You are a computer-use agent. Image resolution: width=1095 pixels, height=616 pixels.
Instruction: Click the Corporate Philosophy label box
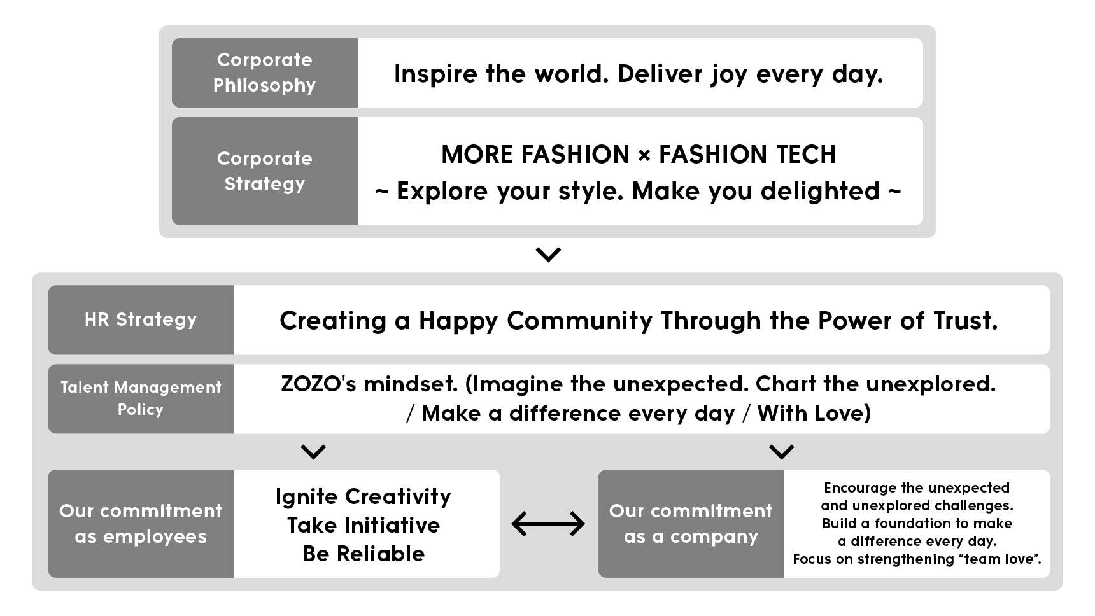265,73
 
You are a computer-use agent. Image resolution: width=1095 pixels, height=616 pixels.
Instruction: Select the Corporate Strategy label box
265,171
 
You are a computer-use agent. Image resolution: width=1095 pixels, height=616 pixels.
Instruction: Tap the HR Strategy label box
141,319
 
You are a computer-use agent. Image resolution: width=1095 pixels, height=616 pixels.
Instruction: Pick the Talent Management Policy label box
141,398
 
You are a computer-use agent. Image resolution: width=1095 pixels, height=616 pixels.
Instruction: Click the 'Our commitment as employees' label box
141,524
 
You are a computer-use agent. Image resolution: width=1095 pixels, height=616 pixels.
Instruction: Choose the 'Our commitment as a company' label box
691,524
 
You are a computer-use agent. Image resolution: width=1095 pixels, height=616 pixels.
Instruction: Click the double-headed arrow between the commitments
548,524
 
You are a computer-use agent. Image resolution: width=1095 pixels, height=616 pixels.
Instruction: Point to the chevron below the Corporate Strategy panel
548,255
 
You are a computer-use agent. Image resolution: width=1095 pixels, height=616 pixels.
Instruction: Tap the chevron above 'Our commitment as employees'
313,452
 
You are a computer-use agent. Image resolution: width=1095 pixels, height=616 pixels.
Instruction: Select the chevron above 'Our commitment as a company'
782,452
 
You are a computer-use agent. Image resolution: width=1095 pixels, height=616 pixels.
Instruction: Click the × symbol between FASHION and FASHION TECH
644,155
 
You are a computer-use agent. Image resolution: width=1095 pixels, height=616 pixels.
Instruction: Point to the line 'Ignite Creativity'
363,497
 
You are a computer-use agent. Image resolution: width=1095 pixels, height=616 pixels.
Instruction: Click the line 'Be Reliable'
363,554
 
